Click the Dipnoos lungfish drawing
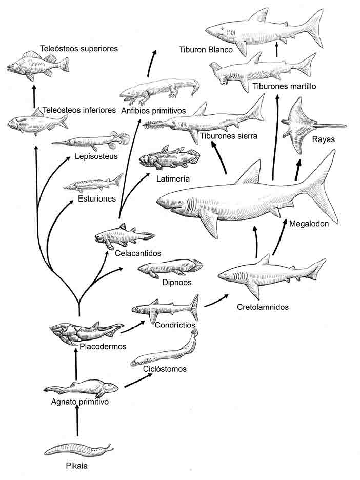click(169, 268)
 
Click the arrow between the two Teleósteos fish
click(34, 95)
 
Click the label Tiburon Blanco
click(206, 50)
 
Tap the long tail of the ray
click(331, 126)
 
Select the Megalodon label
click(309, 223)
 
